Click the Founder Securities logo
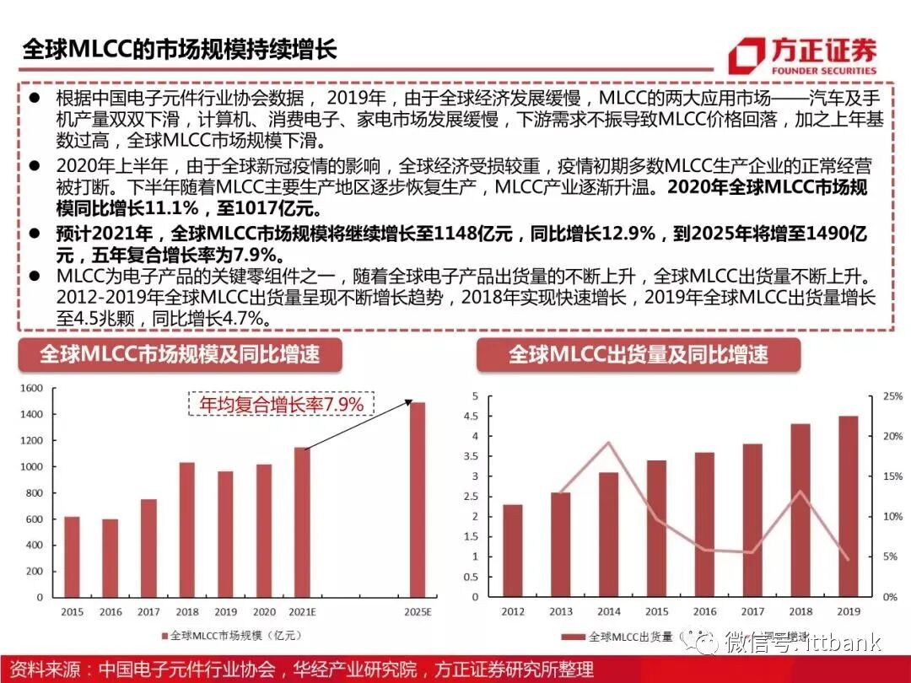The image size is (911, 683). point(802,54)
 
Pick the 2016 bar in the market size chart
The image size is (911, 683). point(111,557)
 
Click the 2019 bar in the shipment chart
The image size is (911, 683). point(848,506)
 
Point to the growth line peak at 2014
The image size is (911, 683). point(608,443)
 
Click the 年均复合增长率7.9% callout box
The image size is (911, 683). point(281,405)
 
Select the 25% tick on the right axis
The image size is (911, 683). point(892,396)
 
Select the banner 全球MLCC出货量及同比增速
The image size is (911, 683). point(638,354)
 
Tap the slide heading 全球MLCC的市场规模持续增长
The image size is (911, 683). point(179,48)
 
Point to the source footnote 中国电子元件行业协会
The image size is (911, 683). point(187,670)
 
